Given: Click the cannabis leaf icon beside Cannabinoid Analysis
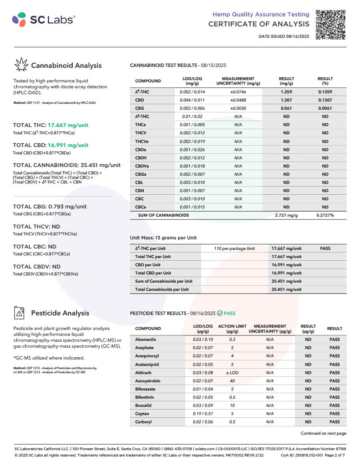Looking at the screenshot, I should pos(21,65).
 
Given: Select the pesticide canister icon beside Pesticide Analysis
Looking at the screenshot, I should pos(20,313).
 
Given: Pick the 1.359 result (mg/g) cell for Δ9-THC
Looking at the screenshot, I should pos(286,91).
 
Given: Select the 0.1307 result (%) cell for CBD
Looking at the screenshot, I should pos(325,100).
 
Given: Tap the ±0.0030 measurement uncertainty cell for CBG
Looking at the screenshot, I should pos(238,108).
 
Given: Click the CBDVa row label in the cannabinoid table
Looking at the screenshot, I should pos(143,166).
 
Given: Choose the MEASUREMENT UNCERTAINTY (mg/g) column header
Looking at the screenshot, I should pos(238,81).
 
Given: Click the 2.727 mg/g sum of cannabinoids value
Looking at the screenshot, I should pos(286,215).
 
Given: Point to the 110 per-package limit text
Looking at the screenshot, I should pos(234,248).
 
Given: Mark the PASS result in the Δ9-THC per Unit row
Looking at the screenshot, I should pos(325,248).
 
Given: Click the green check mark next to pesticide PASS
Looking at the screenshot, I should pos(220,313).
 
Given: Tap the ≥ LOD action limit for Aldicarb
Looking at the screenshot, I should pos(232,373).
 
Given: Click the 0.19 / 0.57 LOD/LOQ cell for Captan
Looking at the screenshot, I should pos(203,414).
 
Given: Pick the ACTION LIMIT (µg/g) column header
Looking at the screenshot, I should pos(232,329).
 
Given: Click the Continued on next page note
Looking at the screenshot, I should pos(323,433).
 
